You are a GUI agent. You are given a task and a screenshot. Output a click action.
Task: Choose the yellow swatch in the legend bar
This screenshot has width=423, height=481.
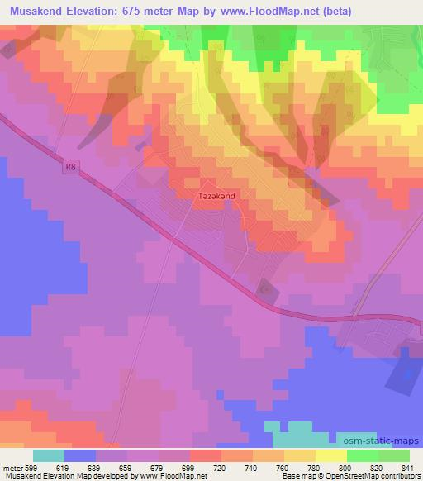tap(330, 455)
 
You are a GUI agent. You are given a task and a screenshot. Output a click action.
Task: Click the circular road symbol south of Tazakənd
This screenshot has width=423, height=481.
tap(265, 290)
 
